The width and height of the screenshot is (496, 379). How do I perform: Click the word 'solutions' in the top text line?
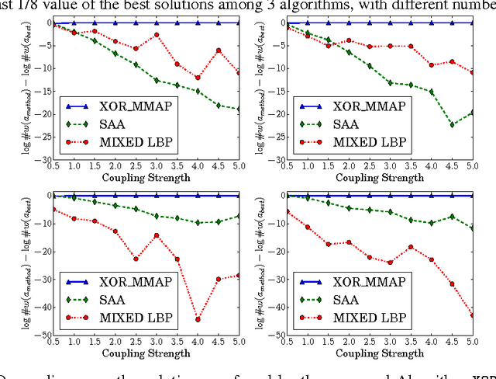coord(160,7)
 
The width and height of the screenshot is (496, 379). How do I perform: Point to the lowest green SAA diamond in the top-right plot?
coord(451,124)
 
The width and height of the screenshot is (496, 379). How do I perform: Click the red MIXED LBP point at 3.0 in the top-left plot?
coord(157,35)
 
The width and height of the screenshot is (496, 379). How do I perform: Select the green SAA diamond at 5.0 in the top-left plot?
coord(237,110)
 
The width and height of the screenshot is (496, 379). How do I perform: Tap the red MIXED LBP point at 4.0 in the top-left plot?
coord(198,78)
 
